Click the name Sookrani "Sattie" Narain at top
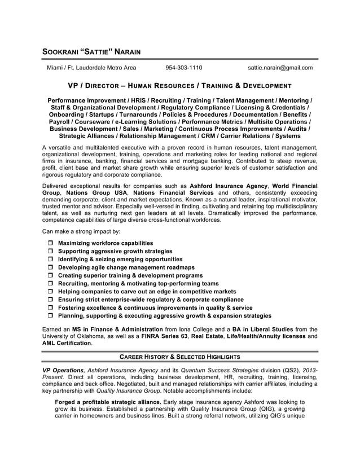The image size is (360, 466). click(91, 52)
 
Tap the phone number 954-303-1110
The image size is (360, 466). click(183, 68)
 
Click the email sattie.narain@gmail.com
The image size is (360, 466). click(280, 68)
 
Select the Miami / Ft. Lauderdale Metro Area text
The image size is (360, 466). click(91, 68)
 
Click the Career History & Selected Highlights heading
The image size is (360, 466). click(180, 357)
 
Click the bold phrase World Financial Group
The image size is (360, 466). click(294, 185)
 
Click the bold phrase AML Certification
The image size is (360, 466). click(67, 343)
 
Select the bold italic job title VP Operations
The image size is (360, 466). click(63, 370)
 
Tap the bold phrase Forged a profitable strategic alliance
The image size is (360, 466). click(108, 402)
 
